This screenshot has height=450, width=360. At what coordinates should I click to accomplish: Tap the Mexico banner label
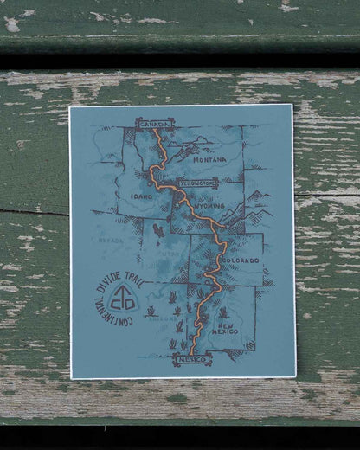191,358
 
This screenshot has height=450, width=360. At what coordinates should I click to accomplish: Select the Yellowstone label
198,183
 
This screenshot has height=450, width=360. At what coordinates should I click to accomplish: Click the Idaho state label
138,197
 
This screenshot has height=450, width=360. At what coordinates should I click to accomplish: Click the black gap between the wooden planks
180,60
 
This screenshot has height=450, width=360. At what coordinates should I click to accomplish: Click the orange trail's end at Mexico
191,350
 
